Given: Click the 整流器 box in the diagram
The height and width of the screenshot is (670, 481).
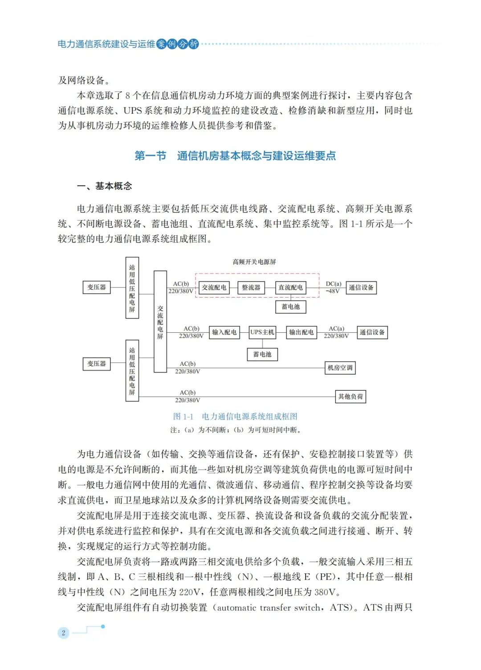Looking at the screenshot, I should coord(251,288).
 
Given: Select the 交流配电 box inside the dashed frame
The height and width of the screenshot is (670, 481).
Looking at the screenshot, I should coord(214,288).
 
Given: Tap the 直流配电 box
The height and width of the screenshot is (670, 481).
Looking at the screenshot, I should coord(290,288).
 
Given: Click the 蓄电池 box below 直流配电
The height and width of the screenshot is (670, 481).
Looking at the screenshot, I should coord(290,307).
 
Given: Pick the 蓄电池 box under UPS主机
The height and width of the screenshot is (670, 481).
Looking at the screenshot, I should coord(262,355).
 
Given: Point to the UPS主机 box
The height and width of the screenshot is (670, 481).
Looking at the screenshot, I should coord(262,332).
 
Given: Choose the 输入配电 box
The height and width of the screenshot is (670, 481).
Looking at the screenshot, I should coord(224,332).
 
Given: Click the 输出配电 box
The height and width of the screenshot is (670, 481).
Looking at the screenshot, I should coord(301,332).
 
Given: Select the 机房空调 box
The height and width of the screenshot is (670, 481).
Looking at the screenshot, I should coord(340,368).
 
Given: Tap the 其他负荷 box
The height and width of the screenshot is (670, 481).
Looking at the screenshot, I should coord(351,396).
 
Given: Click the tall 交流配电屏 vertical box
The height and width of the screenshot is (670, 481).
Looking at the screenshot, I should coord(160,322).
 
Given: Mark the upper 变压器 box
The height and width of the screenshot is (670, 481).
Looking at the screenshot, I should coord(97,287).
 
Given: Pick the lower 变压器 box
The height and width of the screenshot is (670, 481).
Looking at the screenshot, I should coord(97,364).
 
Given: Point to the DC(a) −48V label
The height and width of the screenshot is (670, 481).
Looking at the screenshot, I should coord(333,287).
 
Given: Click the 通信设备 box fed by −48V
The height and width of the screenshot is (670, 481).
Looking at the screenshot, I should coord(361,288).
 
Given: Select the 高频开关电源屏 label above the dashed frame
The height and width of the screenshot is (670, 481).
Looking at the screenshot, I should coord(254,262).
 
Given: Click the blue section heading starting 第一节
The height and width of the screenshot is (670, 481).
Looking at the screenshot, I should coord(235,156).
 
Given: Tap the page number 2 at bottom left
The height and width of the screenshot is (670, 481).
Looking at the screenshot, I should coord(64,633).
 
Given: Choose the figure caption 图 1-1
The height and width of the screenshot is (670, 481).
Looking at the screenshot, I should coord(235,417).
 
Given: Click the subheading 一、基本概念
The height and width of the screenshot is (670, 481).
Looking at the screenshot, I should coord(105,186).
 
